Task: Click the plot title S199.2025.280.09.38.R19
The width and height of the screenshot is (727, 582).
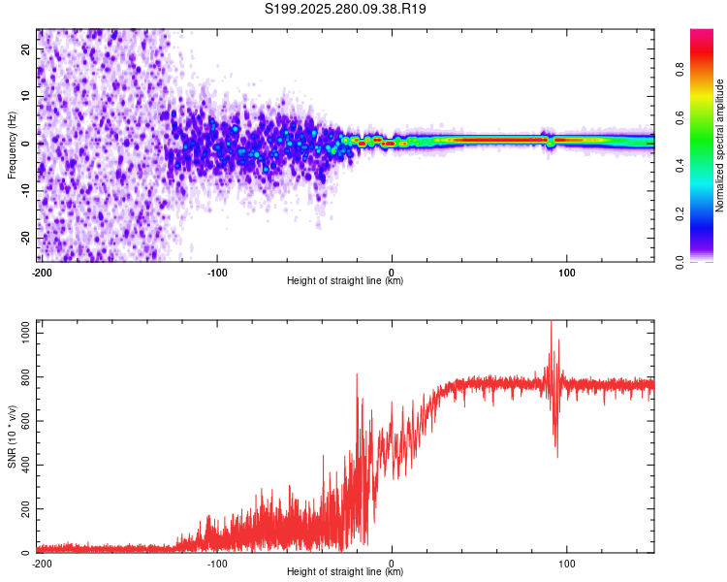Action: tap(346, 9)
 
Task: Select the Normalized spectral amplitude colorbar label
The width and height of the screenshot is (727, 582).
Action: tap(720, 145)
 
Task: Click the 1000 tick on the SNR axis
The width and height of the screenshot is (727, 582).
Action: tap(21, 332)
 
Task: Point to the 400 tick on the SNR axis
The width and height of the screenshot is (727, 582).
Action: tap(24, 465)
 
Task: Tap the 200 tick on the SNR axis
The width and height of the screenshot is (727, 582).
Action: tap(24, 508)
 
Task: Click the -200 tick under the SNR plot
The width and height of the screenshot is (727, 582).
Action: tap(42, 564)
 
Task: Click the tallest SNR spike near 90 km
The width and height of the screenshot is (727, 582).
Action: tap(551, 324)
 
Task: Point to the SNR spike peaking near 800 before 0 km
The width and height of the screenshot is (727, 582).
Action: tap(357, 374)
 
